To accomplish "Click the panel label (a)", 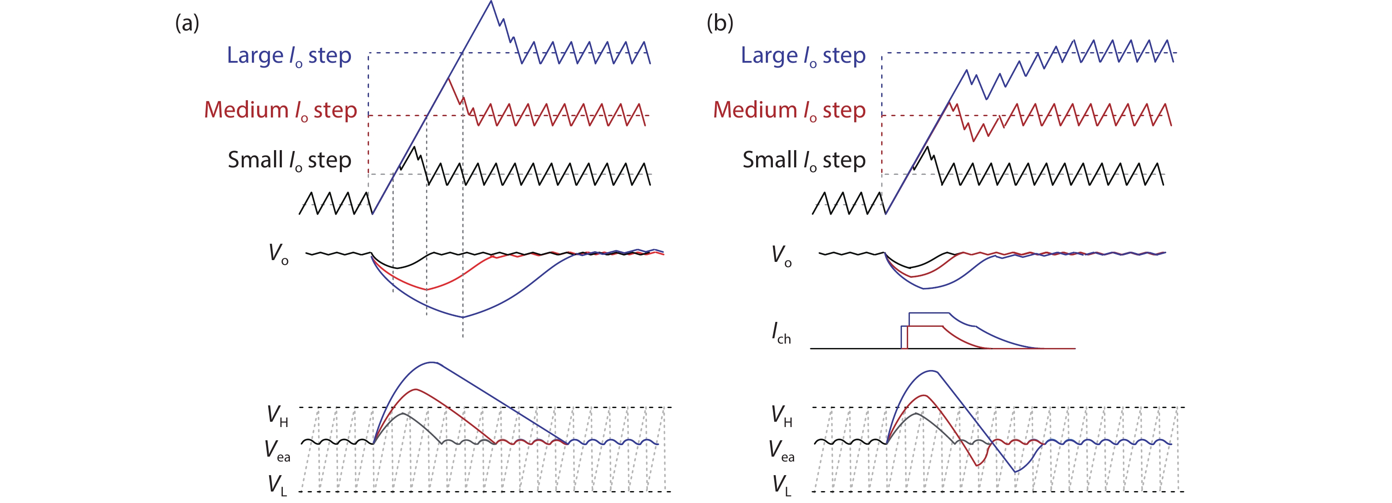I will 187,24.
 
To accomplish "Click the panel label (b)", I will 720,24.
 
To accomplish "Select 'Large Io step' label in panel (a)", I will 289,56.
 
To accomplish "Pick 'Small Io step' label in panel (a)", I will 289,160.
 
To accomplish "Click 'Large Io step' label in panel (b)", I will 802,56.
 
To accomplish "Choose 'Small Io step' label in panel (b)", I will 803,160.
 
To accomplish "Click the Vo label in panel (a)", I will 278,253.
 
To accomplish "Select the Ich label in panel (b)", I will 781,333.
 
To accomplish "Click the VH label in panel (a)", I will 277,416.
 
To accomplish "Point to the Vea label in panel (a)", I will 277,450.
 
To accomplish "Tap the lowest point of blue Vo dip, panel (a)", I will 462,317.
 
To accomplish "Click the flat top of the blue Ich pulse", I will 928,312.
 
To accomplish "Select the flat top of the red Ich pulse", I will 924,326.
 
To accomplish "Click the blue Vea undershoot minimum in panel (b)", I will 1015,472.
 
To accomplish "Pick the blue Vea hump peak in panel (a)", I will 431,362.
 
